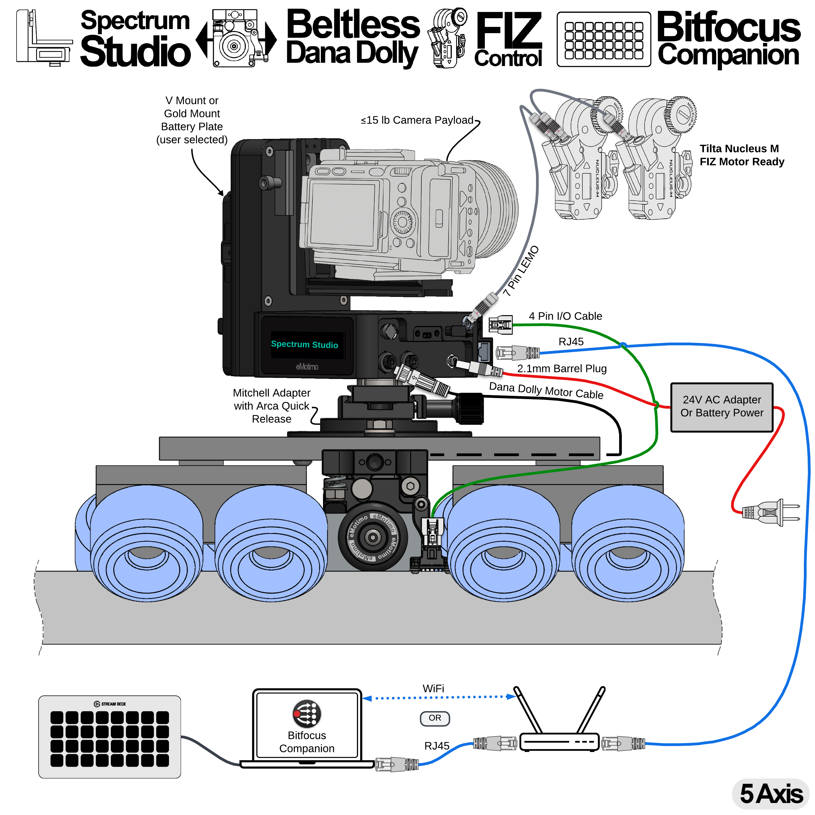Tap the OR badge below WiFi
435,718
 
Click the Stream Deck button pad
110,738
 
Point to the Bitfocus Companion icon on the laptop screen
307,714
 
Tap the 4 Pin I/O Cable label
565,316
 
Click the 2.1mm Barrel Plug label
562,368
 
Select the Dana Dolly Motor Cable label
546,391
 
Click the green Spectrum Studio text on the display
304,344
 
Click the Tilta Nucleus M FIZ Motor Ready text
742,155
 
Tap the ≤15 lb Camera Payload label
417,120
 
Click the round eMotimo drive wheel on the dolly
372,537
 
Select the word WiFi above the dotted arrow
433,688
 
